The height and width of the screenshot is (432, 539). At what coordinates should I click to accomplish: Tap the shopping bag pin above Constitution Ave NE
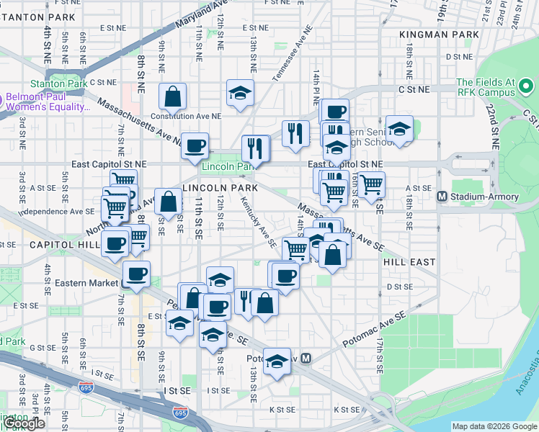click(x=173, y=96)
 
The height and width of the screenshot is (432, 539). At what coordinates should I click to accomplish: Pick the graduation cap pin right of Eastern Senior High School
click(x=399, y=129)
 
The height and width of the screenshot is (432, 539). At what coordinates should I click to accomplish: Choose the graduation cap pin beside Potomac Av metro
click(x=277, y=361)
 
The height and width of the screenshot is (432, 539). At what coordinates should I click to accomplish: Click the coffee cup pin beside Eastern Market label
click(x=136, y=274)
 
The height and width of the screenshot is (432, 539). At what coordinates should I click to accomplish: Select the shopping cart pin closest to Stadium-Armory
click(x=371, y=185)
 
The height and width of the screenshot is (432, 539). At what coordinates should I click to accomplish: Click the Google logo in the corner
click(x=24, y=423)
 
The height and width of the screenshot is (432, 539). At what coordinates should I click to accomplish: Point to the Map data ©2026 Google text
click(x=494, y=426)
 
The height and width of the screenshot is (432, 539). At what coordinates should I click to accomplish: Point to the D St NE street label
click(x=458, y=56)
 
